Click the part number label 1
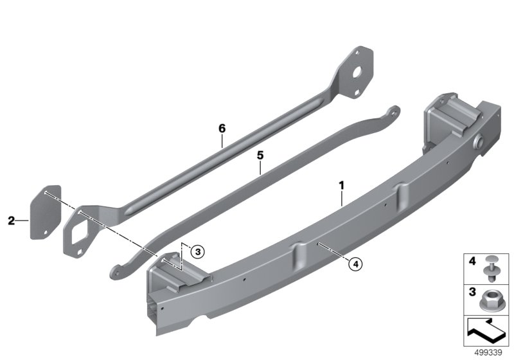pos(342,186)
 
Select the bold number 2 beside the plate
pos(12,221)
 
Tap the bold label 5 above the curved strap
pos(260,156)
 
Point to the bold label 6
pos(222,129)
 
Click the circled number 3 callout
pos(197,252)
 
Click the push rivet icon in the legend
pos(490,268)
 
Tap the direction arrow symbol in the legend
pos(486,332)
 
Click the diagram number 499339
pos(488,353)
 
